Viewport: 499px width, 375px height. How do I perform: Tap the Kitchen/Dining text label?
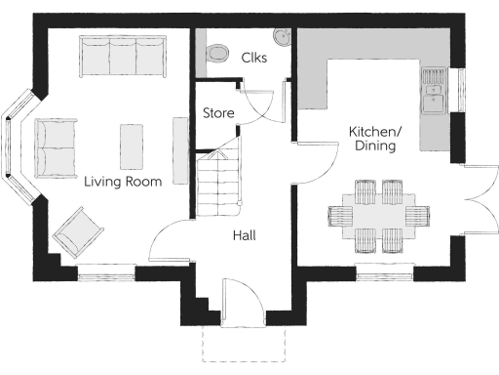click(375, 139)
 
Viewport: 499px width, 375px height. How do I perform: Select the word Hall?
click(244, 235)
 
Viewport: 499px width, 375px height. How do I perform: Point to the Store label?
click(218, 113)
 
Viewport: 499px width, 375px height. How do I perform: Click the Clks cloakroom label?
click(254, 58)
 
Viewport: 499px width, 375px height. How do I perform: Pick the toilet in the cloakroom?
click(215, 50)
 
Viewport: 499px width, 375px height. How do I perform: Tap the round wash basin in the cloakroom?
click(282, 37)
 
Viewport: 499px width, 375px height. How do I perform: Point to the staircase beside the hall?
click(218, 184)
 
